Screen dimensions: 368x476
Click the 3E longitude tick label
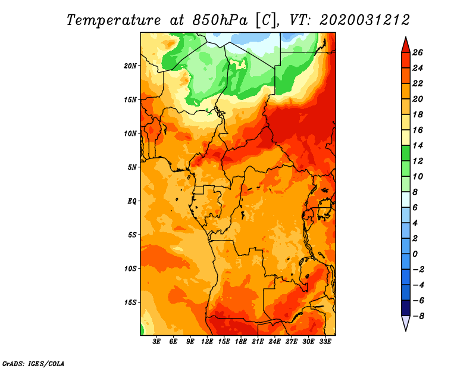157,342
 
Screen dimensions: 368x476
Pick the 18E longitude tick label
241,342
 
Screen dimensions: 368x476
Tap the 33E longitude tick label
325,342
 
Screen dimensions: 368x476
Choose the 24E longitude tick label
274,342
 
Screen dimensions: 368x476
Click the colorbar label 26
417,52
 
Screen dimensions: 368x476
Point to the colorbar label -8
418,316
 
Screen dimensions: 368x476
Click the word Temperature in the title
116,20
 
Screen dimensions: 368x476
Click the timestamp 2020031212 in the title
365,20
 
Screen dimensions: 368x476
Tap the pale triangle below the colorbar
405,323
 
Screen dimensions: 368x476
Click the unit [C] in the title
265,20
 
